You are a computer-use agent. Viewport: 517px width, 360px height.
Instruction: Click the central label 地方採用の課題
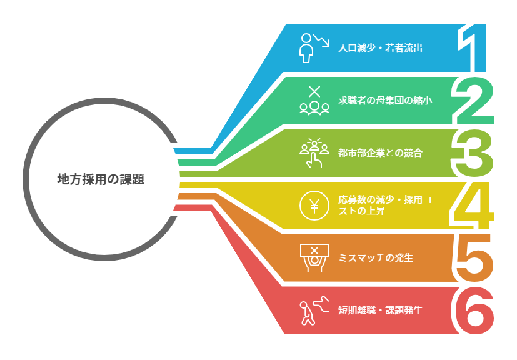point(101,179)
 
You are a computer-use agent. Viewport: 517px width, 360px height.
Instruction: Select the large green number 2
point(473,100)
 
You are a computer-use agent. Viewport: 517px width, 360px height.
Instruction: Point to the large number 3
point(472,153)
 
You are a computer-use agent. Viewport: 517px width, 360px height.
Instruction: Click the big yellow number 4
point(471,206)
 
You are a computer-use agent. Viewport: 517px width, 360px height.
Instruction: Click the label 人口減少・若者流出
point(380,47)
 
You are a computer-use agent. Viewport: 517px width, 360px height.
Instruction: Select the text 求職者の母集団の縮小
point(385,100)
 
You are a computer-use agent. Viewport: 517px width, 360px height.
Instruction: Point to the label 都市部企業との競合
point(380,153)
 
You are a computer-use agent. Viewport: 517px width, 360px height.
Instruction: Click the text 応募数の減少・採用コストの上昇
point(385,206)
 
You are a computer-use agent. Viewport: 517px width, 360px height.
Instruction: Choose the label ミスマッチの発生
point(376,257)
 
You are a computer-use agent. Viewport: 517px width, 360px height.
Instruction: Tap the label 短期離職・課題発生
point(380,310)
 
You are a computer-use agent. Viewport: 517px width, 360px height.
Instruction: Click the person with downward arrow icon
point(314,47)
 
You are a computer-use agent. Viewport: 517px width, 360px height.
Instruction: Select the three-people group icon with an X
point(314,100)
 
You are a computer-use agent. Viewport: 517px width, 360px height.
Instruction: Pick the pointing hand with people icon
point(314,153)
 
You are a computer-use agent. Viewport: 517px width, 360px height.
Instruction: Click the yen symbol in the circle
point(314,206)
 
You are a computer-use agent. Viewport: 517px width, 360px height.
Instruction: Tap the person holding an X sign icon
point(314,258)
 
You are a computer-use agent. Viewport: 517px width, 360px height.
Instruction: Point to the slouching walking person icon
point(314,311)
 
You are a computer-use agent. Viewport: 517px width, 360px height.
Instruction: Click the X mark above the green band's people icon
point(314,91)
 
